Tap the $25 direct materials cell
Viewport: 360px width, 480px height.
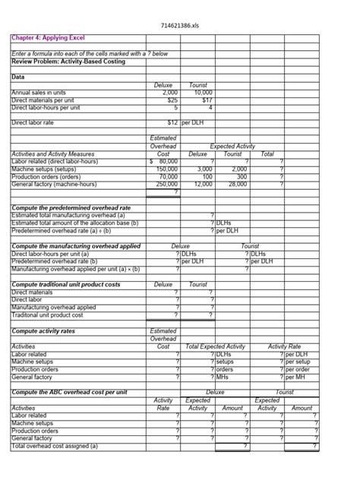(172, 99)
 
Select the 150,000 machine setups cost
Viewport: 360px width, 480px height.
(166, 168)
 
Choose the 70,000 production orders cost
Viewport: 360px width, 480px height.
(168, 175)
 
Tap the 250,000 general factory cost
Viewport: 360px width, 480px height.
(166, 183)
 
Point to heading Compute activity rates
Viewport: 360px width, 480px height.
(49, 331)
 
